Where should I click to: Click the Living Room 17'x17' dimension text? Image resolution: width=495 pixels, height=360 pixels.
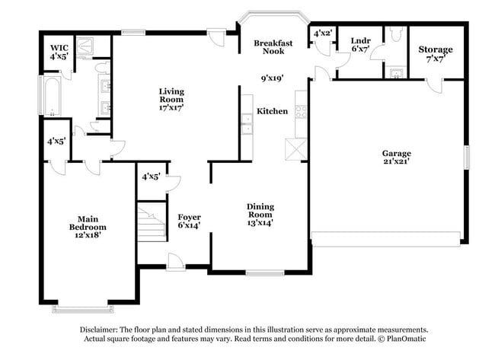tap(171, 107)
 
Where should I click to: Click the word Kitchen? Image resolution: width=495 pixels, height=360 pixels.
tap(272, 111)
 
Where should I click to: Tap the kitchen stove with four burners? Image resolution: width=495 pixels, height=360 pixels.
tap(300, 111)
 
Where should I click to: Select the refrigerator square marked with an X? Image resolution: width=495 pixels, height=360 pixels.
tap(295, 148)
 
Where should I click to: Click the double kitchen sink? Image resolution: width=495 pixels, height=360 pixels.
tap(247, 123)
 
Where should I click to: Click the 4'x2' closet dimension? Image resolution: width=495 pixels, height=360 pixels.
tap(323, 33)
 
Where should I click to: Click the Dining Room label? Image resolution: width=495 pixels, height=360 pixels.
tap(260, 211)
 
